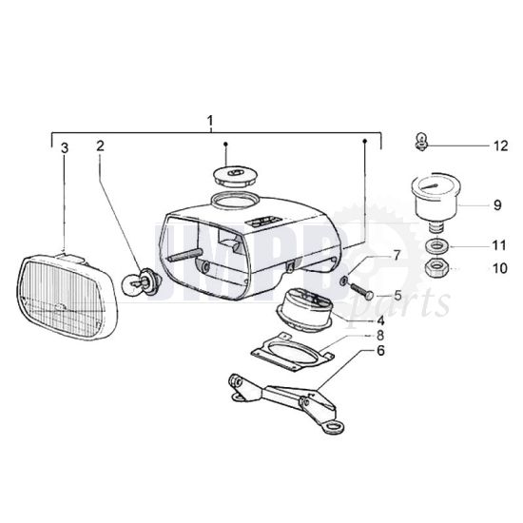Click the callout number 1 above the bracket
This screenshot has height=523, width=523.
click(x=210, y=121)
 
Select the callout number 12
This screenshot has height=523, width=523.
click(x=500, y=146)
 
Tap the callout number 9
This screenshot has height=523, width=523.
click(x=497, y=204)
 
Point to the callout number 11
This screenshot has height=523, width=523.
click(x=499, y=245)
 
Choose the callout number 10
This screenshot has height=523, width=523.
click(x=500, y=268)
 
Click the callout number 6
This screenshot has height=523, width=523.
click(x=380, y=351)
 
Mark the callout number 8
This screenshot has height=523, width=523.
click(x=380, y=335)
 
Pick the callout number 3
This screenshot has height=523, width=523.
click(x=65, y=148)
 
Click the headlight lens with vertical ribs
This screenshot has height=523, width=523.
click(x=68, y=295)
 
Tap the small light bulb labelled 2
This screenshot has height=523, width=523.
click(x=143, y=283)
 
